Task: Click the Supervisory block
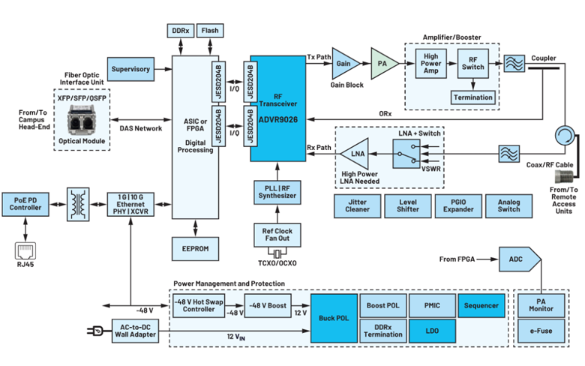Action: pos(131,69)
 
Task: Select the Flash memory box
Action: pos(211,31)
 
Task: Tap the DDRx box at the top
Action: pos(179,31)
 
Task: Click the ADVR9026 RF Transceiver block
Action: pos(278,109)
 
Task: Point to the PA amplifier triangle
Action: pos(383,64)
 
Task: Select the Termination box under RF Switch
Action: pos(473,97)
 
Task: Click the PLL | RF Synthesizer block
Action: pos(278,191)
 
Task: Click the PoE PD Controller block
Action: pos(27,202)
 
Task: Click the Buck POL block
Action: pos(333,318)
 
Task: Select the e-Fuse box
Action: pos(541,329)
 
